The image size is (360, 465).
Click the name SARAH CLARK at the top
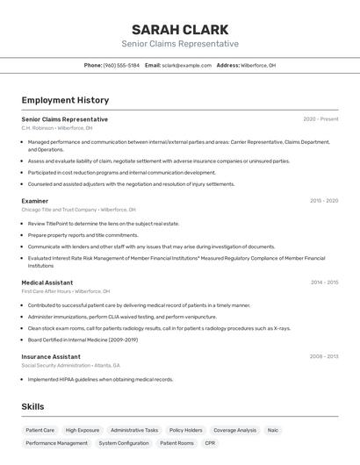click(180, 29)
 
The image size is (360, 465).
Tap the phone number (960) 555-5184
click(121, 65)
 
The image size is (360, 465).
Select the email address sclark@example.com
click(185, 65)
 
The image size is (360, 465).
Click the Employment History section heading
click(65, 100)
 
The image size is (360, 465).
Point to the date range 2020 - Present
click(320, 119)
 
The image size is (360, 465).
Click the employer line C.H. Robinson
click(57, 128)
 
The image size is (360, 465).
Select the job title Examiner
click(35, 201)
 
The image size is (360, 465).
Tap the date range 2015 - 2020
click(323, 201)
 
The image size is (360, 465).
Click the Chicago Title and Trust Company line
click(79, 210)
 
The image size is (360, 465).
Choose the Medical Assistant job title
click(47, 283)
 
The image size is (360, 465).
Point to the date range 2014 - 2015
click(324, 283)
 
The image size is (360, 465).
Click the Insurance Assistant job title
click(51, 357)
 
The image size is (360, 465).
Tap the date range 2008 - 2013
click(323, 357)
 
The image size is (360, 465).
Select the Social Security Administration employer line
click(71, 366)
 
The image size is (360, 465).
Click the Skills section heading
click(32, 407)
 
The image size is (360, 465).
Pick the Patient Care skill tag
click(40, 431)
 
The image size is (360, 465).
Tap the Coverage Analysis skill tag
click(235, 431)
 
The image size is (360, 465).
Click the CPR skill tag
click(210, 444)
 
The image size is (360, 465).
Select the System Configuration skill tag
click(124, 444)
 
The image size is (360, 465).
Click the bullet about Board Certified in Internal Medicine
click(83, 340)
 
